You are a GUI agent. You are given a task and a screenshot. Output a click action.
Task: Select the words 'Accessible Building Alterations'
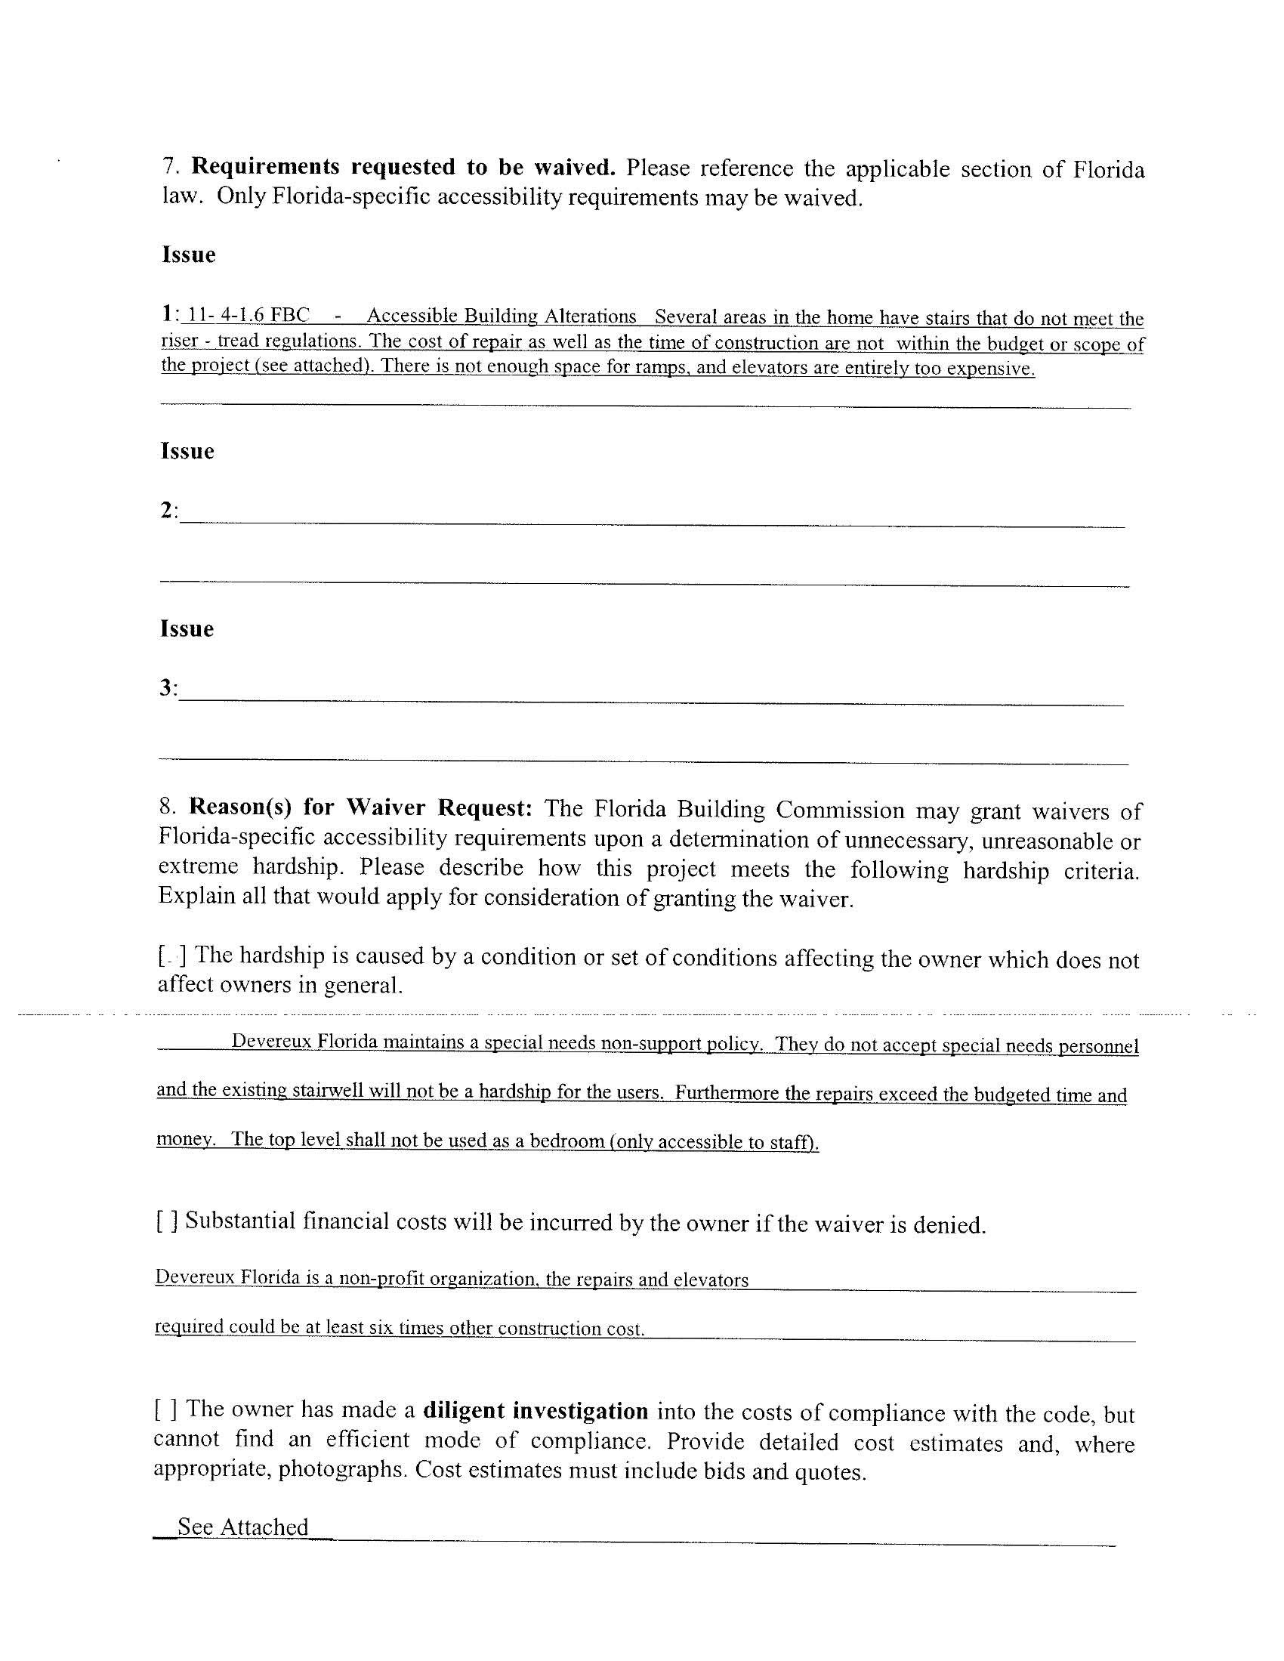502,316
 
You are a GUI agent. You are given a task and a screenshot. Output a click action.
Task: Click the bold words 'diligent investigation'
535,1412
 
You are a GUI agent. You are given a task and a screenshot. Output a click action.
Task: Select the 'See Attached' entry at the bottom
242,1527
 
